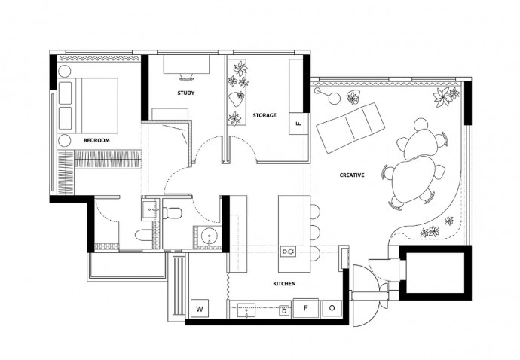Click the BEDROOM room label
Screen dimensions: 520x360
96,141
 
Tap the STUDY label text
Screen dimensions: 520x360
186,93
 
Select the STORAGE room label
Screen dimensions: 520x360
265,116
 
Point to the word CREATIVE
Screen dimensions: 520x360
352,175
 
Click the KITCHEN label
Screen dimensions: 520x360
284,284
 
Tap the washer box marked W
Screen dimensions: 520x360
200,309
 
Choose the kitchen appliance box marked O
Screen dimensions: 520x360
332,308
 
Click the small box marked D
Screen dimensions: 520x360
284,311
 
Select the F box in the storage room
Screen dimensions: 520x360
298,124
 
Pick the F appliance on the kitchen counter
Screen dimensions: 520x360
306,308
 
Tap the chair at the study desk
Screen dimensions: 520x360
186,77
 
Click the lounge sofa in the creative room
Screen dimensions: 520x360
350,127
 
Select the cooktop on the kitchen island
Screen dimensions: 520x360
288,252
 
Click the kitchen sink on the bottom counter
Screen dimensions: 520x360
246,310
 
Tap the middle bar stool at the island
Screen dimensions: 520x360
315,233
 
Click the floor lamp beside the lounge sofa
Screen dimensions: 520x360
327,96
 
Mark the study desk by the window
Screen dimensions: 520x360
186,64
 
